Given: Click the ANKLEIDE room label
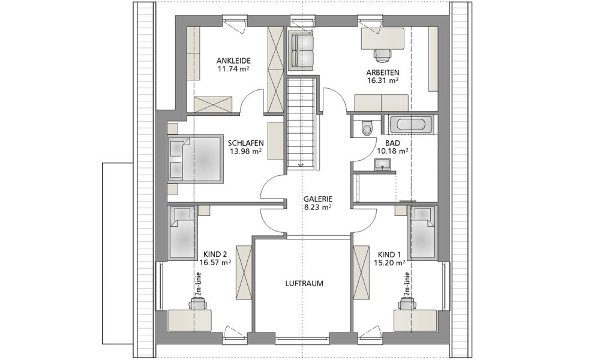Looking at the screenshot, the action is click(x=233, y=61).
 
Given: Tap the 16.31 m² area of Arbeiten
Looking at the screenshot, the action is click(x=383, y=80).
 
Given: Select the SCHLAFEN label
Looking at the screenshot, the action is click(x=245, y=143).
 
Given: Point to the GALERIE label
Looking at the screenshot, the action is click(x=318, y=199).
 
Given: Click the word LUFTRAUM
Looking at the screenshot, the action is click(x=304, y=283).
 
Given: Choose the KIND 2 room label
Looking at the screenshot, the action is click(x=215, y=254).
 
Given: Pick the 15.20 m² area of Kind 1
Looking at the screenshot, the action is click(x=389, y=262).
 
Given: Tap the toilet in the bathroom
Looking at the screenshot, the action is click(x=367, y=127).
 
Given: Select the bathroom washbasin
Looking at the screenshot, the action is click(x=382, y=165).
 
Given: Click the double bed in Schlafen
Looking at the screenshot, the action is click(x=195, y=157).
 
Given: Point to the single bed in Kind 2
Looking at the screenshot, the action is click(x=183, y=232).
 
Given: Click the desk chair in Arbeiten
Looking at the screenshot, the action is click(x=383, y=55).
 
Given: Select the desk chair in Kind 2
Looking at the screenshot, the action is click(x=197, y=303).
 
